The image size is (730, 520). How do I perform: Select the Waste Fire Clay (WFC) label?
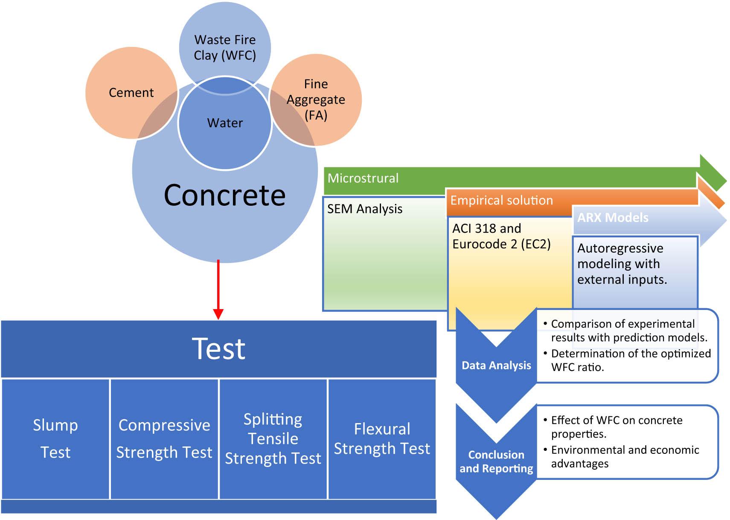click(x=225, y=47)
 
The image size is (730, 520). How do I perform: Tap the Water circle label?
click(x=225, y=123)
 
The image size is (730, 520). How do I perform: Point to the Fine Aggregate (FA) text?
click(x=316, y=99)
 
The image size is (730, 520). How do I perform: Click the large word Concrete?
click(x=224, y=196)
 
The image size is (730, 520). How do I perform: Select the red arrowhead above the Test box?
click(x=218, y=314)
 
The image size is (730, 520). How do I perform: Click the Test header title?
click(x=218, y=349)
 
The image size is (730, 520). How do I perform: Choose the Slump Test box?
click(x=55, y=438)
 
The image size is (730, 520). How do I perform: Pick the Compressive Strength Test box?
click(x=164, y=438)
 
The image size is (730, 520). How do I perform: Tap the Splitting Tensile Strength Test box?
click(x=273, y=438)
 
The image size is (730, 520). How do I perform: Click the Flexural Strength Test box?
click(x=382, y=438)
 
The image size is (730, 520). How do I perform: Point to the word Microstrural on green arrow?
click(x=363, y=178)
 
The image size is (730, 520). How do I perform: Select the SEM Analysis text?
click(x=365, y=209)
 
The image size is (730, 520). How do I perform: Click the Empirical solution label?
click(x=501, y=200)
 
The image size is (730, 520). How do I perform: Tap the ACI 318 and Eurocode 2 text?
click(x=501, y=236)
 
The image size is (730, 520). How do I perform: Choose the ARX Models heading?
click(x=613, y=218)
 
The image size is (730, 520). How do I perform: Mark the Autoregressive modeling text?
click(x=622, y=264)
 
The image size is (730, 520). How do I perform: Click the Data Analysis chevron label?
click(x=496, y=365)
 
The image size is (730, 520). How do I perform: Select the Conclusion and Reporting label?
click(x=496, y=462)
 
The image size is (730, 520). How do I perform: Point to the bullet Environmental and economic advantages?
click(x=625, y=456)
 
